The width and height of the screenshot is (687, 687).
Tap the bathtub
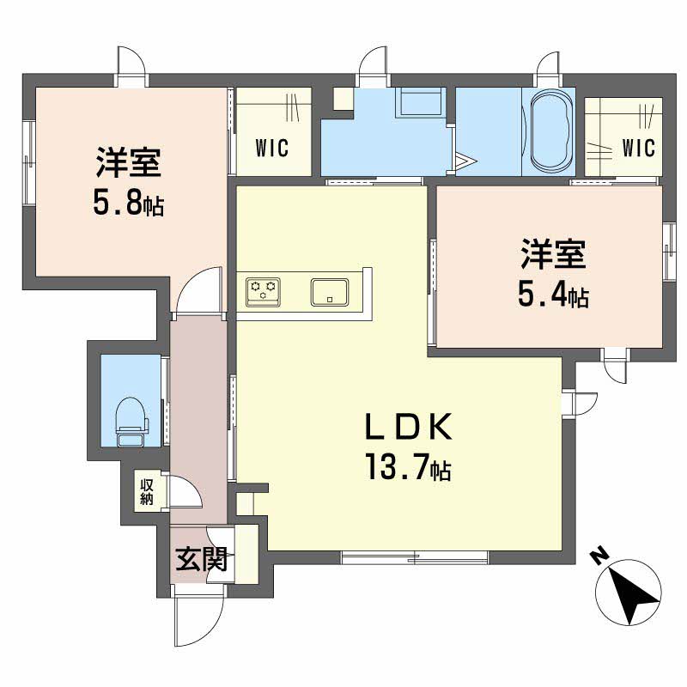pos(552,132)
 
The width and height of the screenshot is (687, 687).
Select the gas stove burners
pos(263,292)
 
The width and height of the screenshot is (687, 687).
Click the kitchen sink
pos(329,292)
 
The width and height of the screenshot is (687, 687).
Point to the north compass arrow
pos(633,592)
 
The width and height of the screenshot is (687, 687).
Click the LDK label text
pos(408,427)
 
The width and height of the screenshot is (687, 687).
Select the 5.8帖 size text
pos(129,204)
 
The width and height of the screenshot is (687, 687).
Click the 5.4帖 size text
pos(552,295)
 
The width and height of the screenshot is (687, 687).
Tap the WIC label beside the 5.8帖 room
pos(271,148)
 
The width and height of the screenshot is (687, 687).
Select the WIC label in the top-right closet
pos(638,148)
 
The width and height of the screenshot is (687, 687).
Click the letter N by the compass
pos(599,556)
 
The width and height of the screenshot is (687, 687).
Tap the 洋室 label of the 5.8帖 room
pos(129,161)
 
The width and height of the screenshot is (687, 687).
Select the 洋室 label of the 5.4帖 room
pos(552,255)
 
